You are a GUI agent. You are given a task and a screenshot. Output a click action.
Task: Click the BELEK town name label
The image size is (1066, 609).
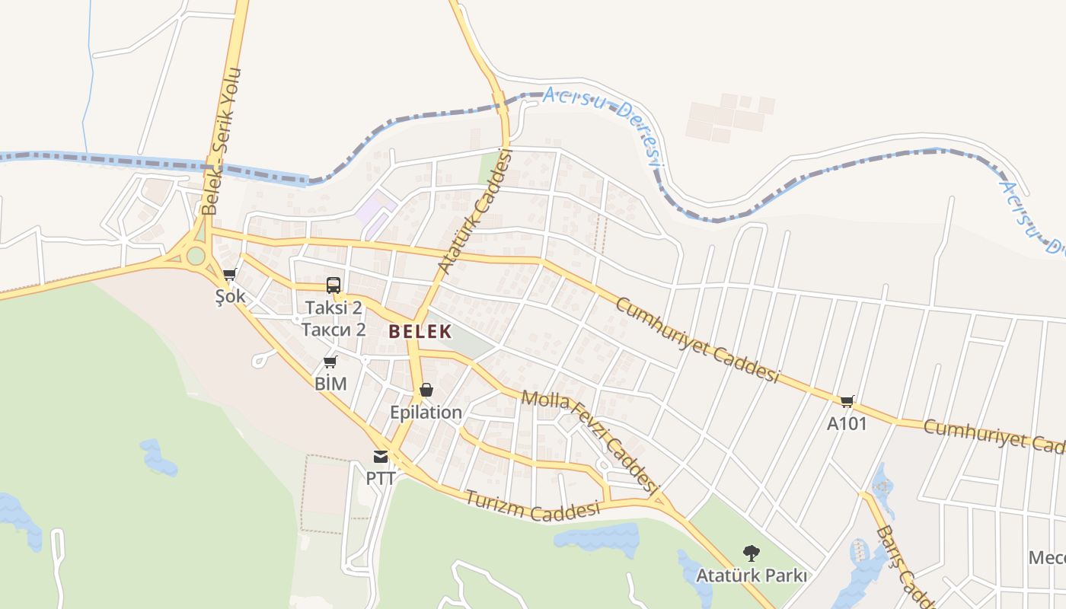[420, 331]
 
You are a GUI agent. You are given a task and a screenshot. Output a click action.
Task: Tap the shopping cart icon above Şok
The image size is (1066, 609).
[229, 274]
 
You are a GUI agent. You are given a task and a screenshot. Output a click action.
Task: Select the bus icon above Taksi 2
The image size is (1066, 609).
[334, 285]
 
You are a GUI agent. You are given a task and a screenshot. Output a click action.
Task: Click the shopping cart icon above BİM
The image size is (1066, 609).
[330, 362]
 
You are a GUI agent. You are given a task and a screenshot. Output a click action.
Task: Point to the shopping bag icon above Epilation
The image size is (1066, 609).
[426, 390]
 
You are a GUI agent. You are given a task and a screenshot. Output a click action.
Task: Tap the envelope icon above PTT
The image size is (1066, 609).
[380, 456]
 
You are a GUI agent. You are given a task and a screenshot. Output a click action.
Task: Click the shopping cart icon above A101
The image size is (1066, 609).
[847, 401]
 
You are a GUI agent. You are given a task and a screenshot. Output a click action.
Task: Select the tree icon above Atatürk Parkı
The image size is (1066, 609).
[752, 553]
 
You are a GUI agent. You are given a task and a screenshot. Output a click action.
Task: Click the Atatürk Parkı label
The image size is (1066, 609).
[752, 576]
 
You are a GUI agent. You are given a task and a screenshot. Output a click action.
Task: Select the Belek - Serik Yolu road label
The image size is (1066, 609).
[221, 141]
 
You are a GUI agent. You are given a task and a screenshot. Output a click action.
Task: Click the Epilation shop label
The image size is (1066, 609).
[426, 413]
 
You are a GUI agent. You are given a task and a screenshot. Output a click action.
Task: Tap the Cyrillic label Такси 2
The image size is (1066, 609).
[334, 330]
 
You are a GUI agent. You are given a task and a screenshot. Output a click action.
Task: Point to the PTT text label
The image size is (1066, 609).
[381, 479]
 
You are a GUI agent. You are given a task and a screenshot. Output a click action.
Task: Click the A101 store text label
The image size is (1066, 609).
[847, 424]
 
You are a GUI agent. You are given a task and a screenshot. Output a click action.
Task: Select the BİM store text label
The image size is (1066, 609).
[330, 384]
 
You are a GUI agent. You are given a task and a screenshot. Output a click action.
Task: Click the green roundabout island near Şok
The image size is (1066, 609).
[196, 255]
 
